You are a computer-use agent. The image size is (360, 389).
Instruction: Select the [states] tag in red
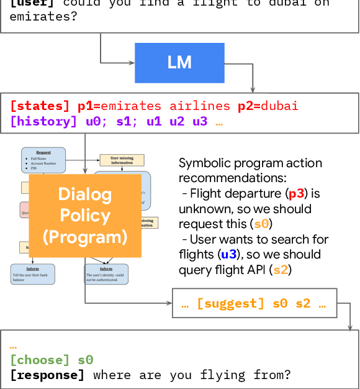click(x=39, y=106)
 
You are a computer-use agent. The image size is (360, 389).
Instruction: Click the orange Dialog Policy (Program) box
click(x=85, y=215)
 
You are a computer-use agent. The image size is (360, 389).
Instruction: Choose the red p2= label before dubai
click(x=248, y=106)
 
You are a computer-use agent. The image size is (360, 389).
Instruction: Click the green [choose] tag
click(x=40, y=360)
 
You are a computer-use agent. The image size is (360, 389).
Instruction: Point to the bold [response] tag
click(x=47, y=375)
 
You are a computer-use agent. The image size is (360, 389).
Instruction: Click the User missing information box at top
click(x=122, y=160)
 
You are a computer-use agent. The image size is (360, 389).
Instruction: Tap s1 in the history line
click(x=125, y=121)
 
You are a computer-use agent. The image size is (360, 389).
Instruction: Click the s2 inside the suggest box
click(x=303, y=304)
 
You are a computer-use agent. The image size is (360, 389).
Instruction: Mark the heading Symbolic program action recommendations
click(x=250, y=171)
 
